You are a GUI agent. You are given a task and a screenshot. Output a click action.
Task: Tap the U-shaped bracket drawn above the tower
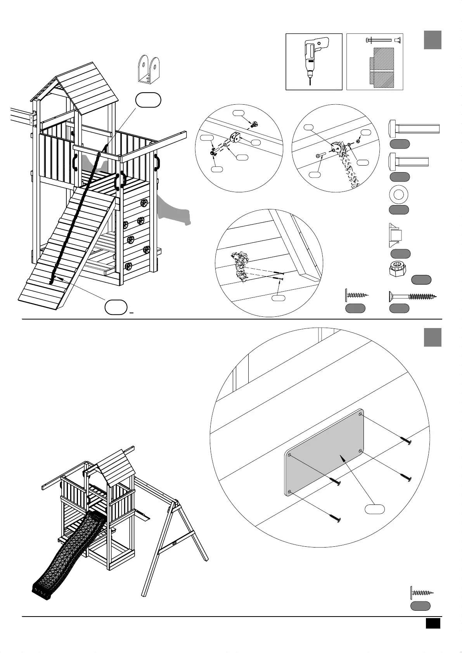coord(149,69)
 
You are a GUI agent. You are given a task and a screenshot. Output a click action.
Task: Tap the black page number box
coord(433,624)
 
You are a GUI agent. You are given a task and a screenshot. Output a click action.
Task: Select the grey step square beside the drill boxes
coord(432,40)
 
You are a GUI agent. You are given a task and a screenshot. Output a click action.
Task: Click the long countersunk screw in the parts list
coord(412,297)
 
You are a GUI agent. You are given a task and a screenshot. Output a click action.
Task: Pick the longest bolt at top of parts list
coord(414,128)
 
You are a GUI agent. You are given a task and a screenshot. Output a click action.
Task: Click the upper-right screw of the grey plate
coord(406,441)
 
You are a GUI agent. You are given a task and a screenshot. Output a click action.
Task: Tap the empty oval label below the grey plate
coord(375,509)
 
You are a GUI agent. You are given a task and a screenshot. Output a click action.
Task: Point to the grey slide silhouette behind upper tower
coord(175,209)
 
